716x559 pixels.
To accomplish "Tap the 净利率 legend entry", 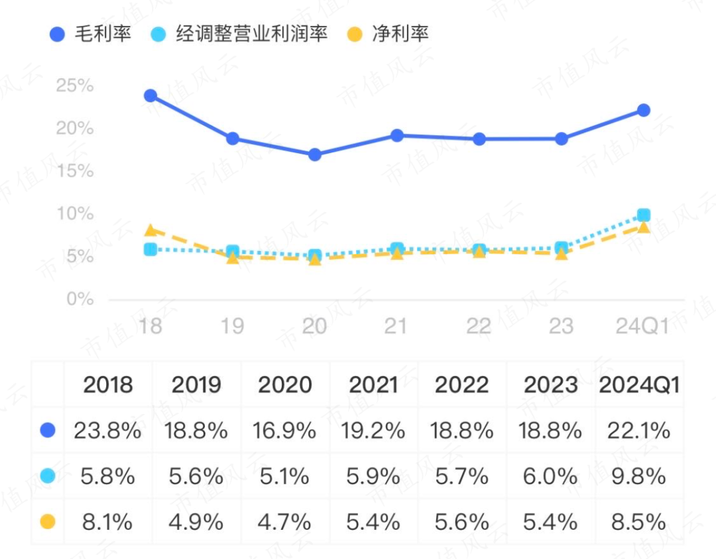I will [388, 34].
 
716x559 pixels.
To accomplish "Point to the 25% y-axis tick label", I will [75, 86].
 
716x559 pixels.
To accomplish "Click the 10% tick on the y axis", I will [75, 214].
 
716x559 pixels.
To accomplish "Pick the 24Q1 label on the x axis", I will [642, 326].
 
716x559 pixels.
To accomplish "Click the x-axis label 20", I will [314, 326].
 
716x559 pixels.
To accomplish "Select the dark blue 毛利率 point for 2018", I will [150, 96].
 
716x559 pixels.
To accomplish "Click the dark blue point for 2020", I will [314, 155].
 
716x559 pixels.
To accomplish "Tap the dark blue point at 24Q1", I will [643, 110].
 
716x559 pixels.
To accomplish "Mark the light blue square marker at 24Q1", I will [643, 215].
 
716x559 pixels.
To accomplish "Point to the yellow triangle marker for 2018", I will [150, 230].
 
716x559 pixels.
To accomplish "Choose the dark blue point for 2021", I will [396, 135].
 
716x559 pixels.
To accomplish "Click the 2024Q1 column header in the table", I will [640, 385].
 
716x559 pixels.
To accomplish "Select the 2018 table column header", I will [108, 385].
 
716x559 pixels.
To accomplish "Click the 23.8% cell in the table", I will [108, 431].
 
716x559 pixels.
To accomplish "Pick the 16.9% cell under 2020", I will [284, 431].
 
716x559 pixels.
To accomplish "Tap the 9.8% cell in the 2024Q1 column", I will [640, 476].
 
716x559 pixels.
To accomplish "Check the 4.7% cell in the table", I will [284, 522].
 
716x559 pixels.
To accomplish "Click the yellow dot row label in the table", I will [48, 522].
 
